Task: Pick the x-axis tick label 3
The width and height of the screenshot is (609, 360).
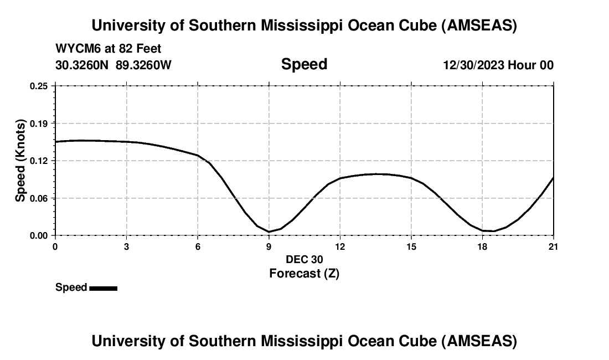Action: pos(127,246)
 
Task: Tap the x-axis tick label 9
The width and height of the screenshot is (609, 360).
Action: pos(269,246)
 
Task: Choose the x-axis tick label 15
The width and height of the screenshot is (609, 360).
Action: pos(411,246)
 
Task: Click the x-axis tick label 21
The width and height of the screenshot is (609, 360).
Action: pos(553,246)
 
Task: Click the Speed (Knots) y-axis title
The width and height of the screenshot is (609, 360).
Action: pos(20,161)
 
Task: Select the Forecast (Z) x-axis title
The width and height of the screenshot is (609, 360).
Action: pos(304,273)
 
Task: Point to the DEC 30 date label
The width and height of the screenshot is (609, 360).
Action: pos(304,259)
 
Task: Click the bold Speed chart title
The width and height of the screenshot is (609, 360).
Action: pos(304,64)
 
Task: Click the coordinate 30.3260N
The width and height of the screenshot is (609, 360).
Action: pos(83,65)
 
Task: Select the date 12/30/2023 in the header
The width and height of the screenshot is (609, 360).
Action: pos(473,65)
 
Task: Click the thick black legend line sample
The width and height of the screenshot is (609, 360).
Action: pos(103,288)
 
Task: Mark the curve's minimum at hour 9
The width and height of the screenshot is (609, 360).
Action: pos(269,232)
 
